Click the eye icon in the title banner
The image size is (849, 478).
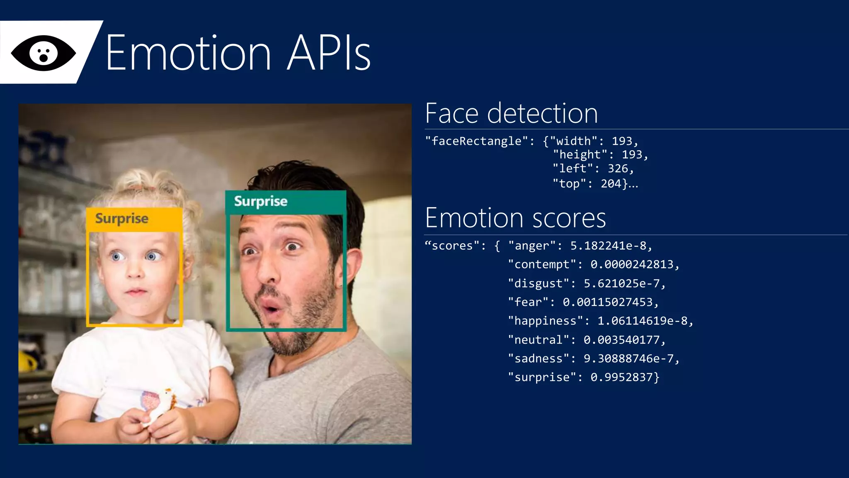pyautogui.click(x=44, y=53)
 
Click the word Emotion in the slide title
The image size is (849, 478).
pyautogui.click(x=189, y=53)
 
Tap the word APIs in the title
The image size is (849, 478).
pyautogui.click(x=329, y=53)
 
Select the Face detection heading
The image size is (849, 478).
pyautogui.click(x=511, y=113)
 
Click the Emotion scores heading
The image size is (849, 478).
pyautogui.click(x=515, y=218)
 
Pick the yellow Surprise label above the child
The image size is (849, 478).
pyautogui.click(x=122, y=218)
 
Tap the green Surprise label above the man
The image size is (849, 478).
pyautogui.click(x=261, y=201)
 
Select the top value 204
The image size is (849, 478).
pyautogui.click(x=611, y=183)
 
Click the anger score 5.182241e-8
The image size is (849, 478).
pyautogui.click(x=608, y=246)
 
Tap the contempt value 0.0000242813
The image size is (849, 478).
pyautogui.click(x=632, y=264)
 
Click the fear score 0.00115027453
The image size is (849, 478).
pyautogui.click(x=608, y=302)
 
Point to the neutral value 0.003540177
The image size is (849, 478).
pyautogui.click(x=621, y=340)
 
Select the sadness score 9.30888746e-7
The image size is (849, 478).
pyautogui.click(x=628, y=358)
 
